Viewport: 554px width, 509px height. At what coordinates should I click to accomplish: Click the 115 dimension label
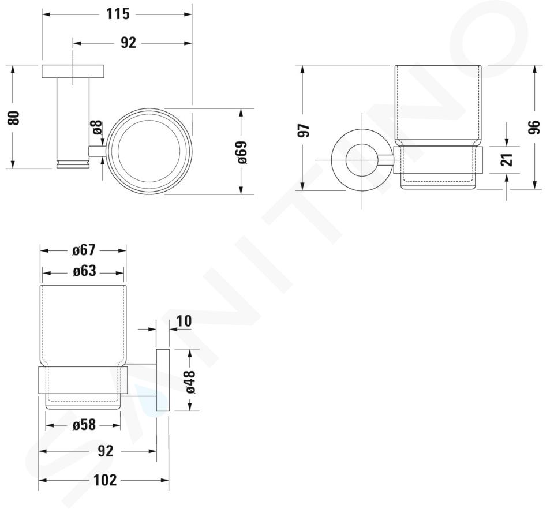[118, 14]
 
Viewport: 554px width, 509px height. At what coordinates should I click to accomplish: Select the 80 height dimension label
[14, 117]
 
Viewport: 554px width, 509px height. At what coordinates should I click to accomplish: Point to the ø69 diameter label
[242, 152]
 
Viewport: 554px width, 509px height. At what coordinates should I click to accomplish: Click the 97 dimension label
[305, 130]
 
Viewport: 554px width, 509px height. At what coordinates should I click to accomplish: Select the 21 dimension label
[507, 160]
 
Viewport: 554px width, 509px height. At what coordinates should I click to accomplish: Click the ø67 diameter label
[84, 250]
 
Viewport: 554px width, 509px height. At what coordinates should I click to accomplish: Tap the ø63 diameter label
[84, 271]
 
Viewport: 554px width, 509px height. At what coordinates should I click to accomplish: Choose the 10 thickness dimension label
[184, 321]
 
